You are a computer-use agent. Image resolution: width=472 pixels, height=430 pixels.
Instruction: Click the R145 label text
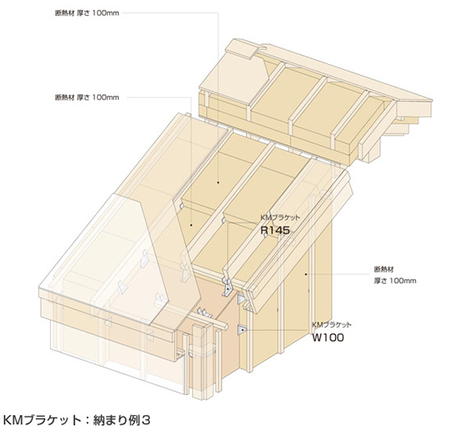tap(275, 231)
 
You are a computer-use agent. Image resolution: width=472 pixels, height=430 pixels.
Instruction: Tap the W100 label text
tap(328, 337)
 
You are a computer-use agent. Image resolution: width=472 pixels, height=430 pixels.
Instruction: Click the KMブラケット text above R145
tap(280, 217)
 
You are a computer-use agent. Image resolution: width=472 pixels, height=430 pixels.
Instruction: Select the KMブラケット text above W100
tap(331, 325)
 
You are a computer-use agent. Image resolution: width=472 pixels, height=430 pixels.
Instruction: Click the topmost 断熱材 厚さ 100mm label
tap(87, 13)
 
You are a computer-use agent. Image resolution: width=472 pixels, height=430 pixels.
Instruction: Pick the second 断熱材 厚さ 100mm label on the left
tap(87, 97)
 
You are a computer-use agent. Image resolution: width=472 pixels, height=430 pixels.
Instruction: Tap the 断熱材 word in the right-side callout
tap(383, 268)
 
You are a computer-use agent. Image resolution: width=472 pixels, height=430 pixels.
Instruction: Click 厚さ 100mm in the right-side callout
tap(395, 281)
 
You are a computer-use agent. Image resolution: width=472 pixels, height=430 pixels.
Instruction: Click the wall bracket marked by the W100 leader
tap(242, 330)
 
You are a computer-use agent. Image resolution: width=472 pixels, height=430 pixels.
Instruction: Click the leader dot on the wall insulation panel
tap(306, 274)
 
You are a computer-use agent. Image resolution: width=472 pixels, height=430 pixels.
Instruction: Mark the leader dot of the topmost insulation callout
tap(218, 182)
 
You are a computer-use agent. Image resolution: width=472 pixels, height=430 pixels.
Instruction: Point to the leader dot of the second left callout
tap(191, 225)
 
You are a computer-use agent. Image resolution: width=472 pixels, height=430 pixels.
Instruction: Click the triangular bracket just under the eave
tap(241, 300)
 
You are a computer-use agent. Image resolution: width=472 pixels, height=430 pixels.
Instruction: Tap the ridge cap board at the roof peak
tap(241, 48)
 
